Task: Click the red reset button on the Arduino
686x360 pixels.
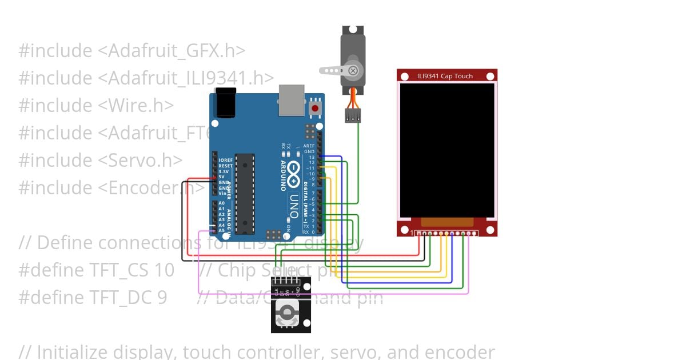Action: coord(314,109)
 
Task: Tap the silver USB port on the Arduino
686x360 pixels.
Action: coord(292,101)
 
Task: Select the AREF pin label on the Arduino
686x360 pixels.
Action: coord(309,146)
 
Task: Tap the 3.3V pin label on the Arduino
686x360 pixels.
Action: coord(224,171)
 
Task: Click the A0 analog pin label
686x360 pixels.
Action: coord(222,203)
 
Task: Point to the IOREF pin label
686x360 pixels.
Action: coord(225,161)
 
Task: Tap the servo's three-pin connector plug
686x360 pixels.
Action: coord(353,116)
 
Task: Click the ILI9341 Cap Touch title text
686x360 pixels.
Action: coord(445,76)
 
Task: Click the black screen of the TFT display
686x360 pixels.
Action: coord(446,150)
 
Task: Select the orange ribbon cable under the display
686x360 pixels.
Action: coord(447,222)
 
